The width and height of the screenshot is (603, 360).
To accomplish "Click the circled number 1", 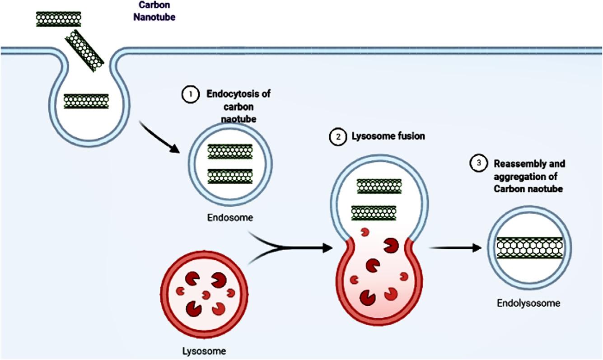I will click(190, 95).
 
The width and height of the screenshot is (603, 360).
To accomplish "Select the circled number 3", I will click(477, 163).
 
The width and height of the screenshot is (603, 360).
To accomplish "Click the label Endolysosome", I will click(529, 303).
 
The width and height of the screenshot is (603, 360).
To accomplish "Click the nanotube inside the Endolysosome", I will click(529, 247).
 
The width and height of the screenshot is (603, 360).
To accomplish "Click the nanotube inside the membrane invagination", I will click(86, 101).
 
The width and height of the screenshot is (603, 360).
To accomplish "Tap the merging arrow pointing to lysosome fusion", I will click(294, 247).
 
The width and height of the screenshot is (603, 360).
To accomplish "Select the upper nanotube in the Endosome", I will click(229, 152).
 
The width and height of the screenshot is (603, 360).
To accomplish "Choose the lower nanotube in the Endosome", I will click(229, 176).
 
